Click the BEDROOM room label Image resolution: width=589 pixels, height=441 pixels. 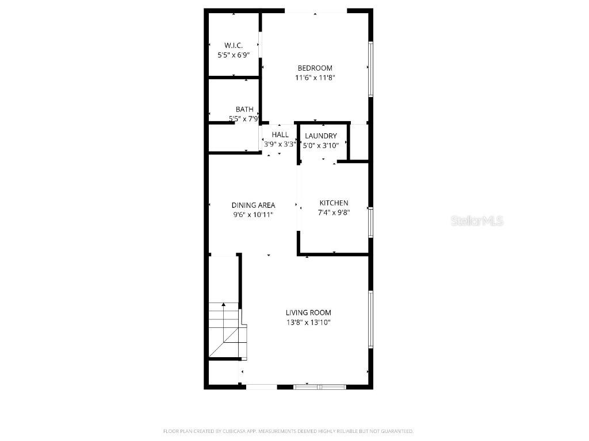point(315,68)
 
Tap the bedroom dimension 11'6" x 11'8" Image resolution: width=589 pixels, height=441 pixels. point(315,77)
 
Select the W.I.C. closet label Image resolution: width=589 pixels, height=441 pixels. point(233,45)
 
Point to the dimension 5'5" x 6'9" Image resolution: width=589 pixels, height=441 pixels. point(233,55)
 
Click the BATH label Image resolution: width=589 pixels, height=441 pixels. point(244,109)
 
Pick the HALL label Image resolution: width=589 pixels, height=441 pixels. point(280,134)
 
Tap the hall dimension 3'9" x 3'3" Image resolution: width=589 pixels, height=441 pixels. point(280,144)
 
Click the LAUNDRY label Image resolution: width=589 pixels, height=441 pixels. point(321,136)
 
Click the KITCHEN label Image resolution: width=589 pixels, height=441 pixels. point(334,203)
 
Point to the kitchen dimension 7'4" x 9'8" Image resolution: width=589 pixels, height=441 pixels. point(334,212)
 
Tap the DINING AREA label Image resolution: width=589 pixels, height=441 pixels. point(253,205)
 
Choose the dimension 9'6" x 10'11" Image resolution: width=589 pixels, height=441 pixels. point(253,214)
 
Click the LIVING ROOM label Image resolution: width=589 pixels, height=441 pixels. point(308,312)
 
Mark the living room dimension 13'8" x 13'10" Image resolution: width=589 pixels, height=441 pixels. point(308,322)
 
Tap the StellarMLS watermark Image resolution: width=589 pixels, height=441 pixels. point(477,220)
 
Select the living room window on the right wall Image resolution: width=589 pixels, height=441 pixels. point(371,319)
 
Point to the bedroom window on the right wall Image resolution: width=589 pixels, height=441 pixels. point(371,69)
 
